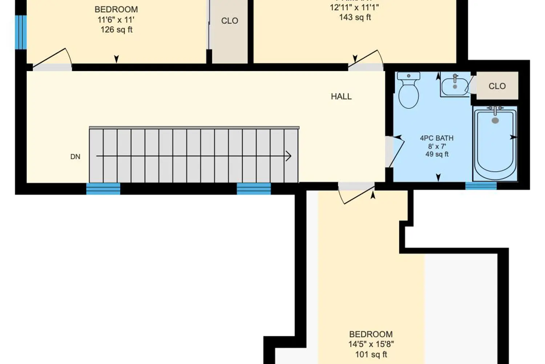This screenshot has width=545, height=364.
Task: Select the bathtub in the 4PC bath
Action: point(495,144)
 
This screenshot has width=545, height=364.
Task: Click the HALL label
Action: point(341,96)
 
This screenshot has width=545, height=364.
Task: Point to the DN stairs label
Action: point(75,157)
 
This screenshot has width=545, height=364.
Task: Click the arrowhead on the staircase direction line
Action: point(288,156)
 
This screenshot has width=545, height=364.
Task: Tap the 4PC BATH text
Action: point(437,138)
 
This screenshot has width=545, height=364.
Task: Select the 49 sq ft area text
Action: point(437,154)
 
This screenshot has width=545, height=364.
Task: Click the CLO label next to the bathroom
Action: point(497,86)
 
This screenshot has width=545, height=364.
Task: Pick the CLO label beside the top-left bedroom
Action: point(230,21)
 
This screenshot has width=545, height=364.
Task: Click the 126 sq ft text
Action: point(116,30)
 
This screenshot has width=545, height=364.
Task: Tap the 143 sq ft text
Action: point(355,17)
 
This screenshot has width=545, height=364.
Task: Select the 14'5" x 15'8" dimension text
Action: point(371,344)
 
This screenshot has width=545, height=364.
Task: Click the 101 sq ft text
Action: point(371,354)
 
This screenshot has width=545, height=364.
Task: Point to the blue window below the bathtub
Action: point(481,186)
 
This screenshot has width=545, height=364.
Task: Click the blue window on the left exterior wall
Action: point(21,32)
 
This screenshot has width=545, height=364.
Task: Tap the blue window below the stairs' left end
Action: point(103,189)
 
